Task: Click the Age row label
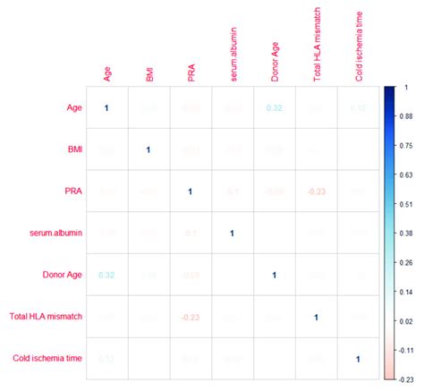[x=75, y=108]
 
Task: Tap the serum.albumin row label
[x=55, y=234]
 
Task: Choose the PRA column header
[x=191, y=71]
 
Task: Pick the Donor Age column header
[x=275, y=62]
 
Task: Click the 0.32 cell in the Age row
[x=275, y=108]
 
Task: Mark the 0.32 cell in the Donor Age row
[x=106, y=276]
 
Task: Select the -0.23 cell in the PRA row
[x=316, y=191]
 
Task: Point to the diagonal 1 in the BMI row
[x=148, y=150]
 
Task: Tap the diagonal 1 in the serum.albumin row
[x=233, y=234]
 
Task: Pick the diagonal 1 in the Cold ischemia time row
[x=358, y=359]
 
